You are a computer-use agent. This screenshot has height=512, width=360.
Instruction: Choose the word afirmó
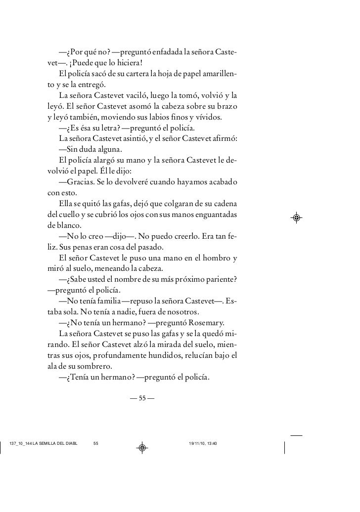(225, 139)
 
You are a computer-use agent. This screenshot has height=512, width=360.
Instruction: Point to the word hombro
(212, 258)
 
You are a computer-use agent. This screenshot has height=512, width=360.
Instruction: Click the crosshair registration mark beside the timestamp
(142, 448)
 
